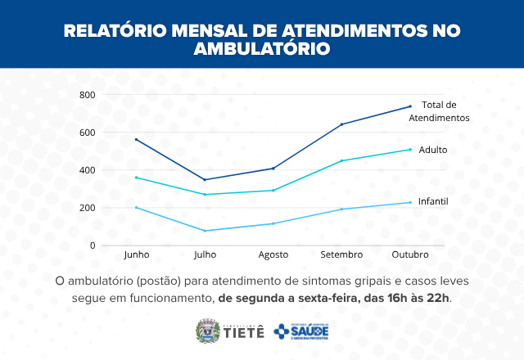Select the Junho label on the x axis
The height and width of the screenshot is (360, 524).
(136, 254)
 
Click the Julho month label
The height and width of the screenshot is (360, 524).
(205, 254)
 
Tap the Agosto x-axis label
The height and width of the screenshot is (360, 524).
(273, 254)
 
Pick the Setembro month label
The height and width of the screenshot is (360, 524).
(341, 254)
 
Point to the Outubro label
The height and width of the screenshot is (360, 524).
(409, 254)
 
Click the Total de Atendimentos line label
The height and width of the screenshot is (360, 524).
(438, 111)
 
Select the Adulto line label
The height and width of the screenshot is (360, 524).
(433, 150)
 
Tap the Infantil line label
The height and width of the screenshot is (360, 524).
(433, 201)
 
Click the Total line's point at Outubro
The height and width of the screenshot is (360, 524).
(409, 106)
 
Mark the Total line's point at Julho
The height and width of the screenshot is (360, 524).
(205, 179)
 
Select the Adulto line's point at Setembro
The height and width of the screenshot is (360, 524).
(341, 160)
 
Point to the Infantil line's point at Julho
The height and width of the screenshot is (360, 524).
(205, 231)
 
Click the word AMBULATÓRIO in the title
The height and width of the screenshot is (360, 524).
(261, 48)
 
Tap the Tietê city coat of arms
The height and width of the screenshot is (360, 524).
(206, 331)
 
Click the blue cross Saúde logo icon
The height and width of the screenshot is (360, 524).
(282, 331)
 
